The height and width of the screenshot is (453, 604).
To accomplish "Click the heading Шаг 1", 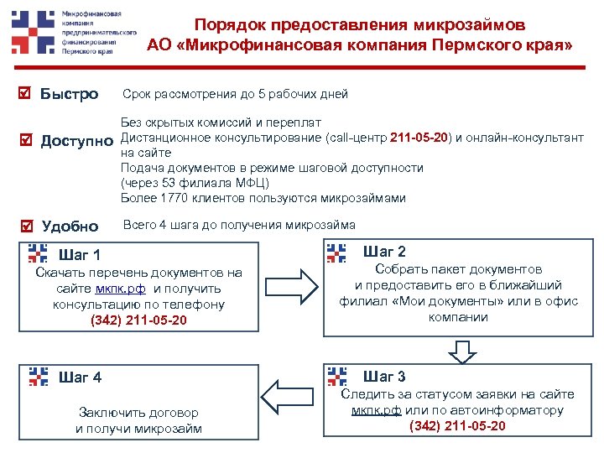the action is [x=81, y=255].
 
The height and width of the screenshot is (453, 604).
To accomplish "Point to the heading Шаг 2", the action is [x=385, y=252].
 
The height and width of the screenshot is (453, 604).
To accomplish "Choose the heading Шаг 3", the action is [x=385, y=376].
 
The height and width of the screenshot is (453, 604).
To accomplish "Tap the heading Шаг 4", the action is [x=81, y=377].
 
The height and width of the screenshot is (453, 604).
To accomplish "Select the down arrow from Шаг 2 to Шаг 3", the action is [x=460, y=347].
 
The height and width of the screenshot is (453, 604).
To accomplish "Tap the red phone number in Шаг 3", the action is [x=458, y=425].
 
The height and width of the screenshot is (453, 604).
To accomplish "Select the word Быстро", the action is [x=70, y=94].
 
